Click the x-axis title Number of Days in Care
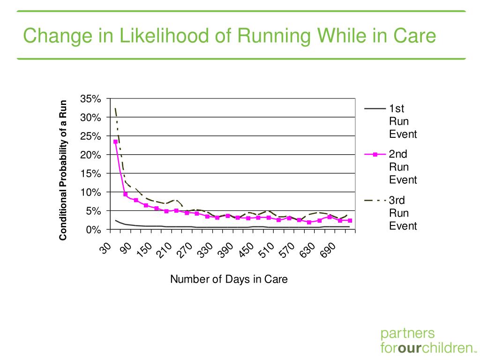229,279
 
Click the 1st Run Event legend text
403,121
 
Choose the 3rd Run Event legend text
403,213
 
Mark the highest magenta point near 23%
115,142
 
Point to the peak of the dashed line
115,108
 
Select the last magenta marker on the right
350,221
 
